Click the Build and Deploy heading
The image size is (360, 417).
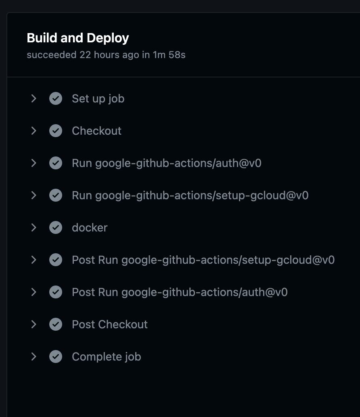coord(78,38)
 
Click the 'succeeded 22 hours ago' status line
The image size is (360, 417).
coord(106,55)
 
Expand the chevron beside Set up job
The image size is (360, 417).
coord(33,98)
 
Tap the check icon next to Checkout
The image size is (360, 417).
coord(56,131)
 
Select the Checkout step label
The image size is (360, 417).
coord(96,131)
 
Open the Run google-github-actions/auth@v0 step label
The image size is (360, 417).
coord(166,163)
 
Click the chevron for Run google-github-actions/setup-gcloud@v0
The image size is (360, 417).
coord(33,195)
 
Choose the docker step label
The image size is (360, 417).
coord(90,227)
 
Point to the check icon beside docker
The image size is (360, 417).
coord(56,227)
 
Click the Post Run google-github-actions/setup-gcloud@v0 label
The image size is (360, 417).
coord(203,260)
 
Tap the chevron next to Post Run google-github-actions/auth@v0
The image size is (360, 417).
coord(33,292)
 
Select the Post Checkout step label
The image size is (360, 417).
coord(110,324)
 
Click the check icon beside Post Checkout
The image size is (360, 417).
coord(56,324)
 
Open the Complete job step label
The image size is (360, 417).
coord(106,357)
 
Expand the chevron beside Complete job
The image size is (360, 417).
coord(33,357)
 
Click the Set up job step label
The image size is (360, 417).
coord(98,98)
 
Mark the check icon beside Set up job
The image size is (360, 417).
coord(56,98)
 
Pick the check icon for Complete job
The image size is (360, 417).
coord(56,357)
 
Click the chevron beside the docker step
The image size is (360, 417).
coord(33,227)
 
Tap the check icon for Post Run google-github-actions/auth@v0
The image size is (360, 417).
coord(56,292)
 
